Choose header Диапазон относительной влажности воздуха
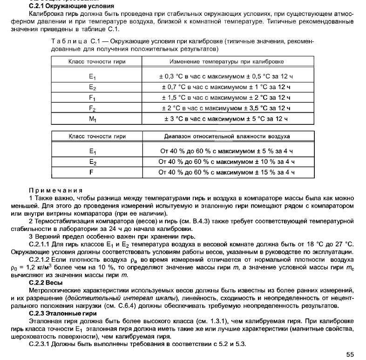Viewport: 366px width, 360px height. click(x=227, y=136)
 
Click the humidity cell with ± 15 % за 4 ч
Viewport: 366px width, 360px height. click(x=227, y=172)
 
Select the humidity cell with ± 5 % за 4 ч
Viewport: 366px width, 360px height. click(x=227, y=151)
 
